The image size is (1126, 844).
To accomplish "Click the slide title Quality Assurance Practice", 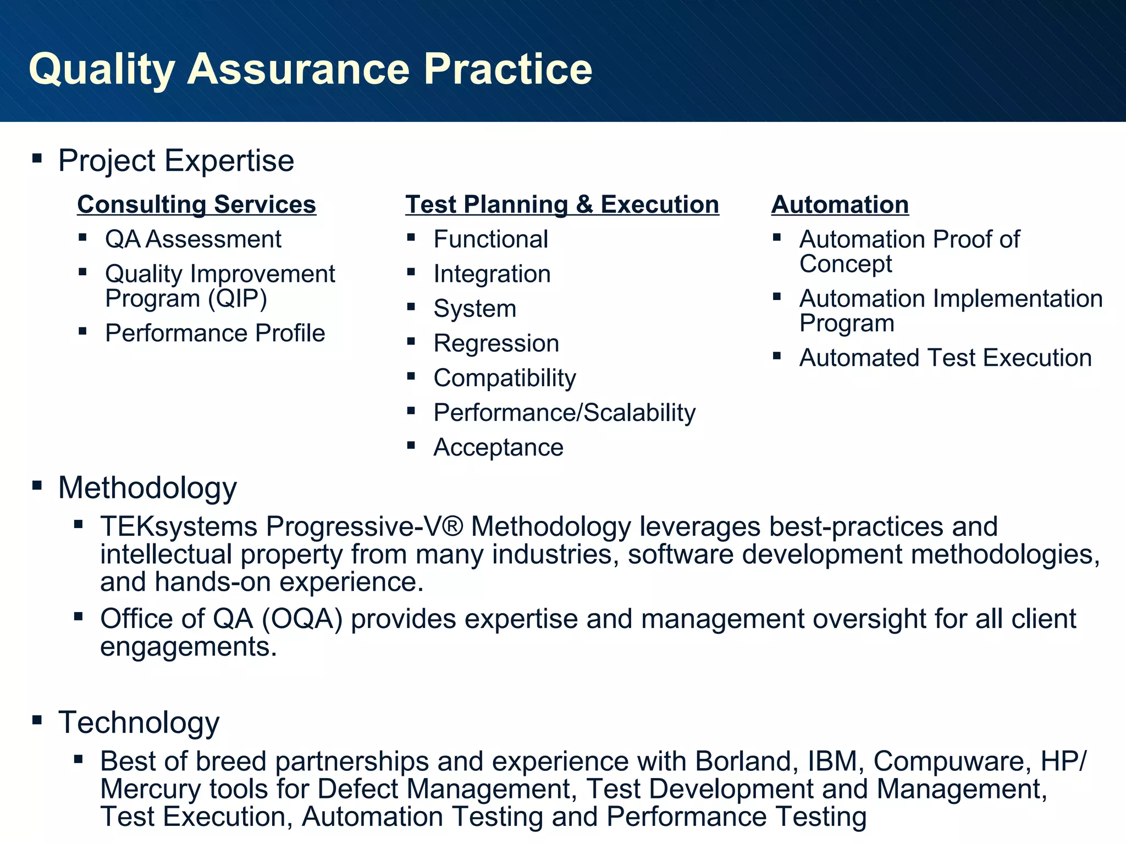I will pyautogui.click(x=310, y=69).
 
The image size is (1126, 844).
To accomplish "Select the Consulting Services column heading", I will pyautogui.click(x=196, y=204).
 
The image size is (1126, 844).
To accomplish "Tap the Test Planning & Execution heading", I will pyautogui.click(x=562, y=204).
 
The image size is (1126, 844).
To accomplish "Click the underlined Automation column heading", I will pyautogui.click(x=840, y=204).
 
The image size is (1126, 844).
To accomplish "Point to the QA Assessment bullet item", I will pyautogui.click(x=193, y=240).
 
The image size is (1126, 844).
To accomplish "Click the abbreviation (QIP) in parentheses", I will pyautogui.click(x=237, y=299).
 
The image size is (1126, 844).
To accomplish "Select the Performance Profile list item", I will pyautogui.click(x=215, y=334).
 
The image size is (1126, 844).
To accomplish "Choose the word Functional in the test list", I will pyautogui.click(x=490, y=240).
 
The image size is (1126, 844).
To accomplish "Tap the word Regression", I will pyautogui.click(x=496, y=343).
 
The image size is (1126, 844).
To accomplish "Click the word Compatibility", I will pyautogui.click(x=504, y=378).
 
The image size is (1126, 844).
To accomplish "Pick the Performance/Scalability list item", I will pyautogui.click(x=564, y=413).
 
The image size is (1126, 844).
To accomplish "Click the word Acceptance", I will pyautogui.click(x=498, y=447).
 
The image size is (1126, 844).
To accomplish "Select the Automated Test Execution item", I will pyautogui.click(x=945, y=358).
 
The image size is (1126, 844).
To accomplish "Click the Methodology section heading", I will pyautogui.click(x=147, y=488).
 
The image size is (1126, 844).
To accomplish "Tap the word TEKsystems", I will pyautogui.click(x=179, y=526).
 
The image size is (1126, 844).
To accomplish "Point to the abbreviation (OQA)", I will pyautogui.click(x=302, y=619).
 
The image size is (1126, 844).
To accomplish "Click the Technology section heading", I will pyautogui.click(x=139, y=723).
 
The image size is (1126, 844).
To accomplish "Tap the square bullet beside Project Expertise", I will pyautogui.click(x=37, y=159).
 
